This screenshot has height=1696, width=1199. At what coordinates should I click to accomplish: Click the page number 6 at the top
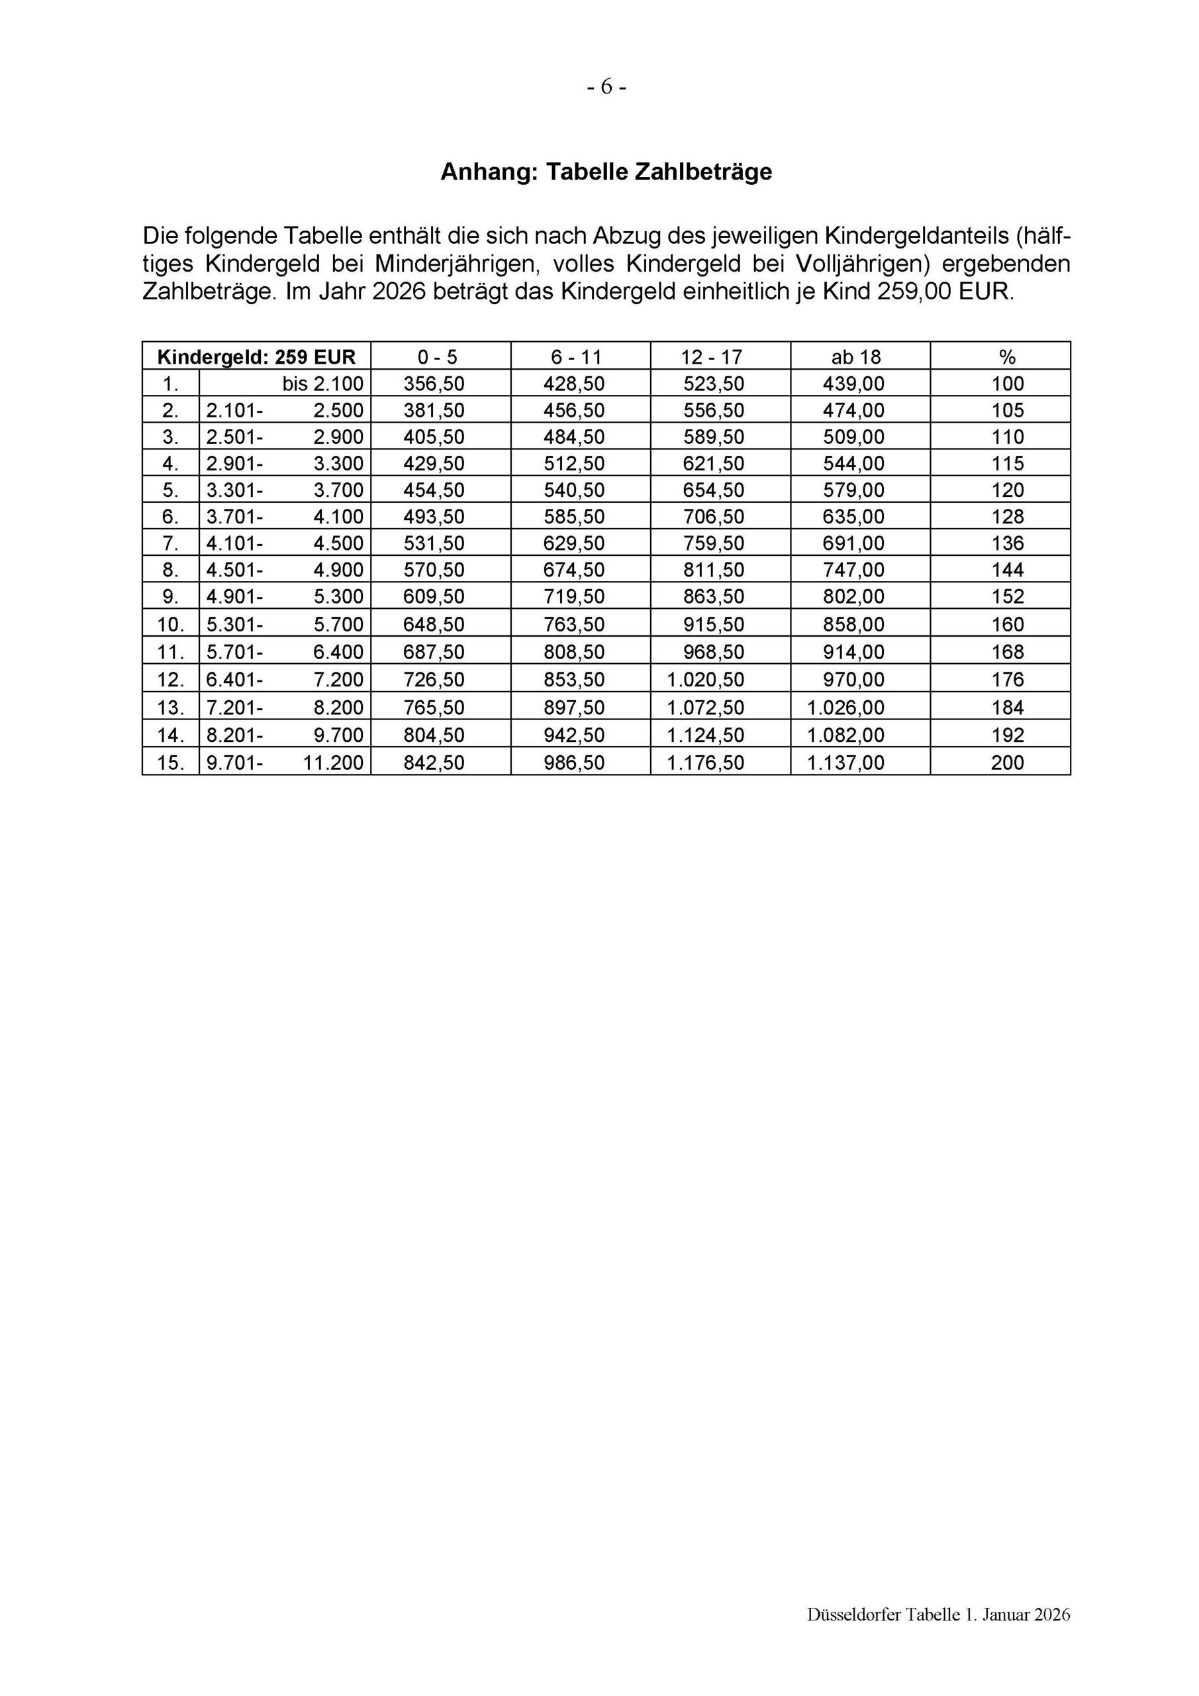pyautogui.click(x=606, y=87)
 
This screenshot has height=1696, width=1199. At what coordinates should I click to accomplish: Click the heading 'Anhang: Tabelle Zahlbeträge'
pyautogui.click(x=606, y=172)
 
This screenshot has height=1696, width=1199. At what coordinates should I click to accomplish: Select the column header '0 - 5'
pyautogui.click(x=437, y=358)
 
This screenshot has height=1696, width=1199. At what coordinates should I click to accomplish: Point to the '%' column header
pyautogui.click(x=1007, y=358)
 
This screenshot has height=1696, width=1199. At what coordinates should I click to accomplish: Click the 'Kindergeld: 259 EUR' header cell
pyautogui.click(x=256, y=358)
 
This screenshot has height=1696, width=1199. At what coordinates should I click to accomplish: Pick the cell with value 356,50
pyautogui.click(x=434, y=384)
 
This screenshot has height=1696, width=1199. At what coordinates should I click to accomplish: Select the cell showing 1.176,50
pyautogui.click(x=705, y=763)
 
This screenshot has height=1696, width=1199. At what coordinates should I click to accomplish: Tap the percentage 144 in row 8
pyautogui.click(x=1007, y=570)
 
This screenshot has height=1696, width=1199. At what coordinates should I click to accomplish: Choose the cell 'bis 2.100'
pyautogui.click(x=322, y=384)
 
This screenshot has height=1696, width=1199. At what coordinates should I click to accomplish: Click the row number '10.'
pyautogui.click(x=171, y=625)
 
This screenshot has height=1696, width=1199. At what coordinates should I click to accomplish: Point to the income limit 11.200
pyautogui.click(x=334, y=763)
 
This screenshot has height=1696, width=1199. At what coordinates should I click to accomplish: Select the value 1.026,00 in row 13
pyautogui.click(x=845, y=708)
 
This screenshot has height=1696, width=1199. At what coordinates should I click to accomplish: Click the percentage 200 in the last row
pyautogui.click(x=1007, y=763)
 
